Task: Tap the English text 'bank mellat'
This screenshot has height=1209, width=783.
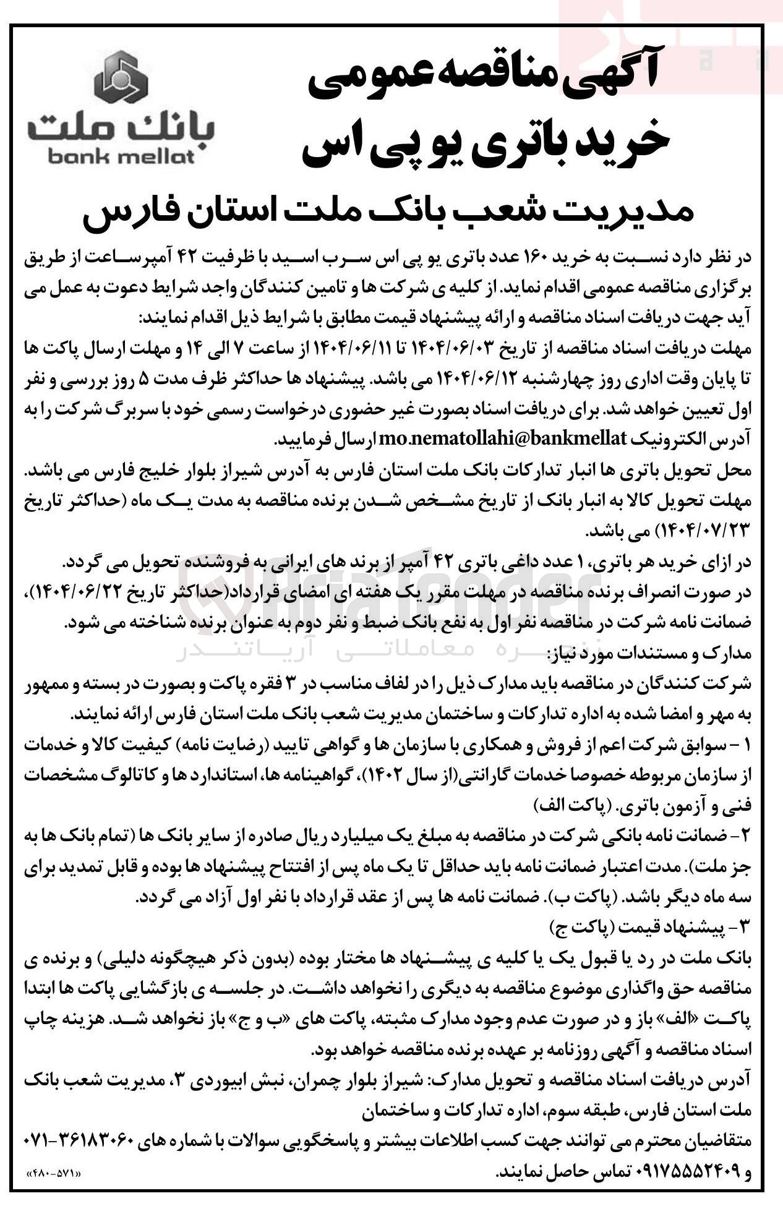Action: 121,157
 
